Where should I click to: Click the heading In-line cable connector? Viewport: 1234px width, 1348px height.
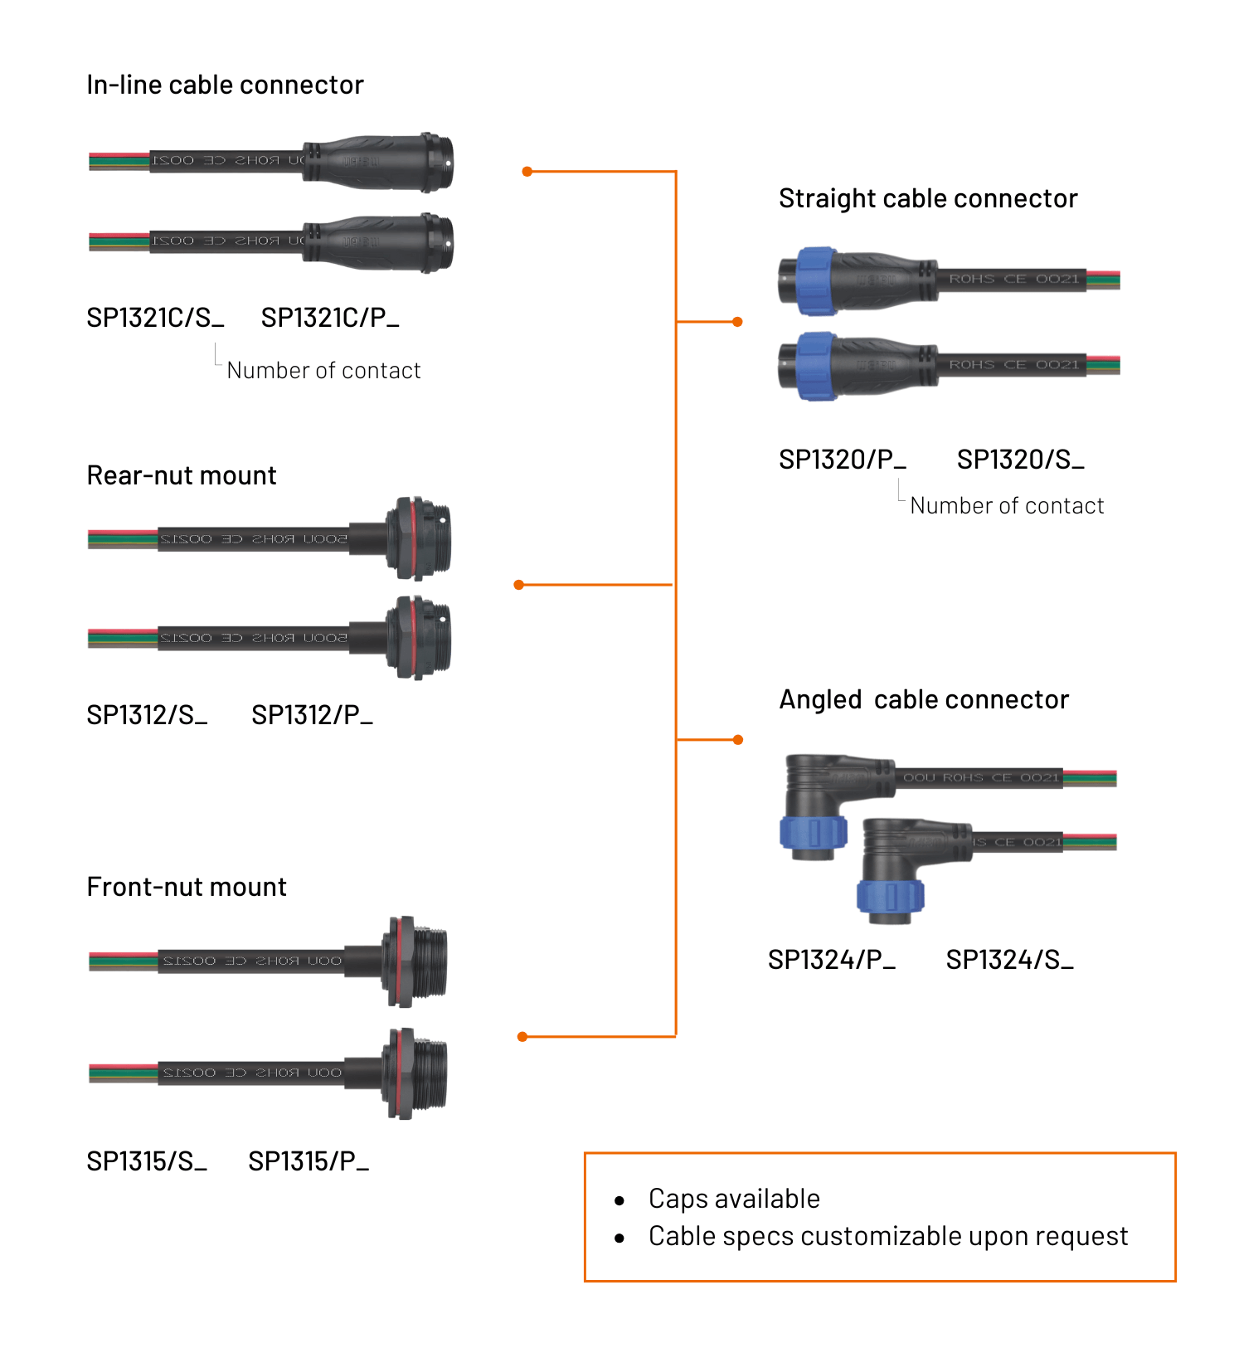[x=225, y=85]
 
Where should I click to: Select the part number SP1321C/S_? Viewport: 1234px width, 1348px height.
[x=155, y=318]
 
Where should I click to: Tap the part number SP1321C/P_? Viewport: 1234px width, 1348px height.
[x=330, y=318]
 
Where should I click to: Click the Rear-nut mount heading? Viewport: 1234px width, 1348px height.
[x=182, y=475]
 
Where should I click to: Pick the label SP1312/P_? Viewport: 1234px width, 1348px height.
[x=312, y=715]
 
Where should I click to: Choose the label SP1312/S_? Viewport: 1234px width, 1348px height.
[x=147, y=715]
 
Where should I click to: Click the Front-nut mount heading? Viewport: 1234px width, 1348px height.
[x=187, y=887]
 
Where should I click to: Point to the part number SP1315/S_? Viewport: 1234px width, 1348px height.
[x=147, y=1161]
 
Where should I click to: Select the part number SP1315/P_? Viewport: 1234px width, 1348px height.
[x=308, y=1161]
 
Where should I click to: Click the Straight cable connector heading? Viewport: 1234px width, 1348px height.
[x=928, y=199]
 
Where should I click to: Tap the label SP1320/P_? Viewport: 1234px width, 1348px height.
[x=842, y=460]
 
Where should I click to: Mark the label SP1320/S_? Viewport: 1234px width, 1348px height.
[x=1020, y=460]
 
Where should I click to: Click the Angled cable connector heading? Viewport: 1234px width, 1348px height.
[x=924, y=700]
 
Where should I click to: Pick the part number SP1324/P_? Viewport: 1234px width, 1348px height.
[x=831, y=960]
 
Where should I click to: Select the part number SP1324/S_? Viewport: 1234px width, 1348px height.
[x=1009, y=960]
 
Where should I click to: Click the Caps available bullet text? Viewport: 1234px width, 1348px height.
[x=734, y=1199]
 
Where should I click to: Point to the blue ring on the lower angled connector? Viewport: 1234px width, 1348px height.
[x=890, y=897]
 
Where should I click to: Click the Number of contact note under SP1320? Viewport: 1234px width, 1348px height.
[x=1007, y=506]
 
